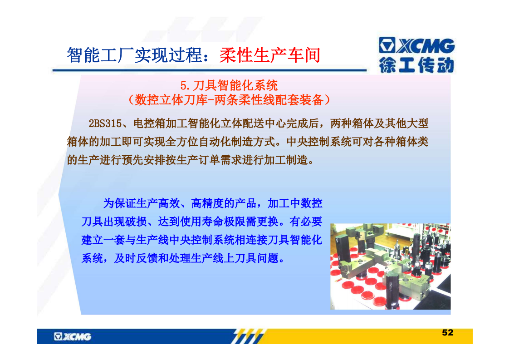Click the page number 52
pyautogui.click(x=448, y=332)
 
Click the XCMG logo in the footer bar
pyautogui.click(x=73, y=336)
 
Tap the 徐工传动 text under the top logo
pyautogui.click(x=416, y=65)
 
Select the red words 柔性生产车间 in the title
pyautogui.click(x=270, y=55)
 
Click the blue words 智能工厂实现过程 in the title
pyautogui.click(x=134, y=55)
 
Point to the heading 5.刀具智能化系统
pyautogui.click(x=229, y=85)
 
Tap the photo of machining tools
pyautogui.click(x=390, y=266)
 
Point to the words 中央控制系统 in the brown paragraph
pyautogui.click(x=319, y=142)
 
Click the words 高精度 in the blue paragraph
pyautogui.click(x=207, y=203)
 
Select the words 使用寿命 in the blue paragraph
pyautogui.click(x=202, y=222)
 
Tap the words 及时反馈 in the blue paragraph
pyautogui.click(x=136, y=258)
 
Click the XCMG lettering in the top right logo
pyautogui.click(x=426, y=46)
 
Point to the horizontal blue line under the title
pyautogui.click(x=210, y=70)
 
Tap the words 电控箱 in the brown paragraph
pyautogui.click(x=149, y=123)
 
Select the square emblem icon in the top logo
pyautogui.click(x=387, y=45)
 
